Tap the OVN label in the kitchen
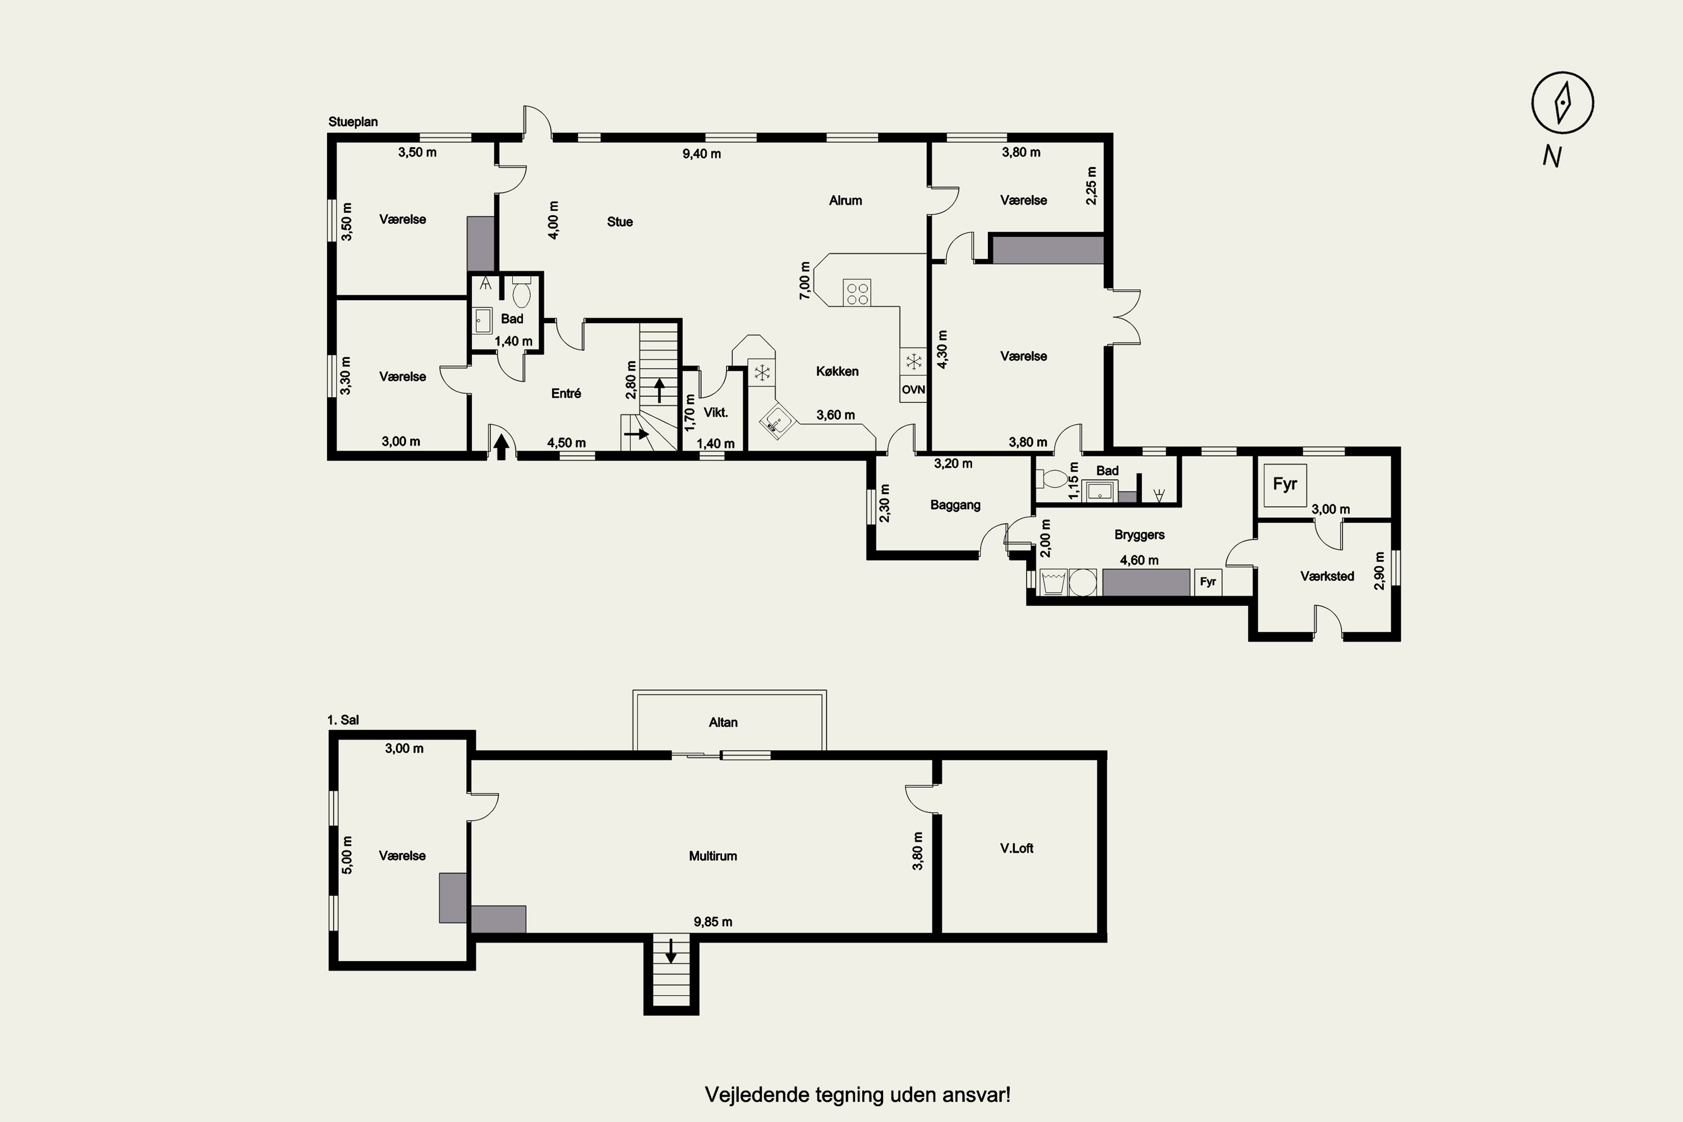[913, 390]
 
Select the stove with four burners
[857, 292]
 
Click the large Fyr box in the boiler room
[1285, 486]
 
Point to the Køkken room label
[837, 371]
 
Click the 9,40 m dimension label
[701, 154]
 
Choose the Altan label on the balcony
[723, 723]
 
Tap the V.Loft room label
[1017, 849]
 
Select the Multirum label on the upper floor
[712, 856]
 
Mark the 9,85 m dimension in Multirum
[712, 922]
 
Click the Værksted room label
[1327, 576]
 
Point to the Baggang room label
[955, 505]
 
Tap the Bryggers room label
[1139, 535]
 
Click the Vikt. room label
[716, 413]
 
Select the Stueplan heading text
[353, 122]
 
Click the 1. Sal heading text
[343, 720]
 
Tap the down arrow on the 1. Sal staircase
[671, 951]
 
